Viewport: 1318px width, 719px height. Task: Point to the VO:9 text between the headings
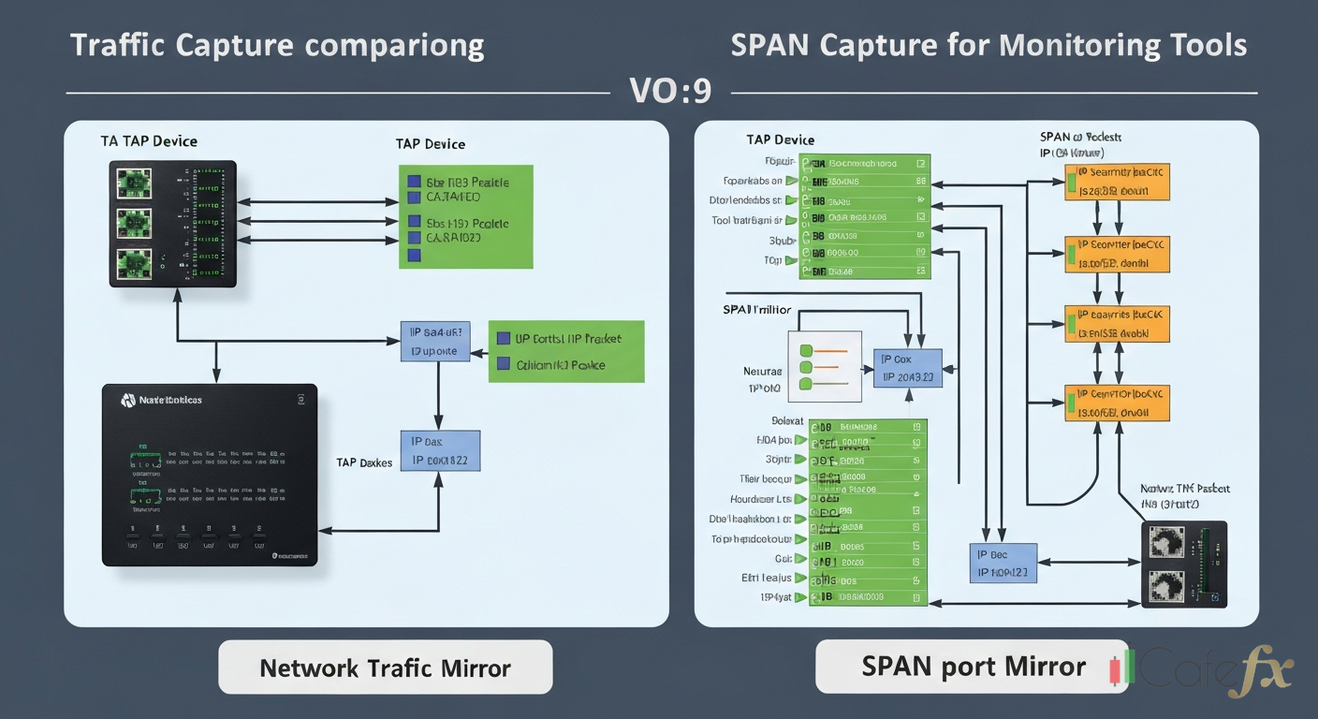click(x=670, y=92)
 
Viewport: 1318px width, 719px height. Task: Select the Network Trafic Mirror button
click(x=385, y=668)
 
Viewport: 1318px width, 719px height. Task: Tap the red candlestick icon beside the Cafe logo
click(x=1115, y=671)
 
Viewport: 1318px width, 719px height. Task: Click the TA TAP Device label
click(x=149, y=141)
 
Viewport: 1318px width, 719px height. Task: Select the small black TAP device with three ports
click(x=172, y=224)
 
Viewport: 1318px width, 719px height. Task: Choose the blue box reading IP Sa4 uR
click(x=434, y=342)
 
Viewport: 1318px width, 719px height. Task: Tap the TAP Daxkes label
click(x=365, y=462)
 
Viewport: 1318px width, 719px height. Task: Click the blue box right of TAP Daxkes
click(x=440, y=450)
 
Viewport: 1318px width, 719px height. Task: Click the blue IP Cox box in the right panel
click(x=907, y=369)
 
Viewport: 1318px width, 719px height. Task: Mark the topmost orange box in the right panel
click(x=1117, y=182)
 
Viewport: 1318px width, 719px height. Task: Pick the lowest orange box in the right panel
click(x=1117, y=402)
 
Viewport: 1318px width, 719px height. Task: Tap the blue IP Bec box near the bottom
click(x=1003, y=563)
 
